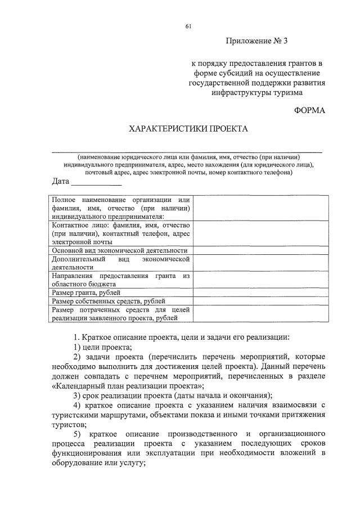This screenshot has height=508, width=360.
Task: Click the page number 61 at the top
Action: (x=188, y=26)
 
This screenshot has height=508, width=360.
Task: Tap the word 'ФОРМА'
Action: (x=309, y=110)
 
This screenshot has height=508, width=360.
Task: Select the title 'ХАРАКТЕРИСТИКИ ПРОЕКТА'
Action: (x=188, y=129)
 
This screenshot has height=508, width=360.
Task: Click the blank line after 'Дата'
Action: (x=96, y=182)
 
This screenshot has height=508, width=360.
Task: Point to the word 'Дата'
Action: (x=60, y=181)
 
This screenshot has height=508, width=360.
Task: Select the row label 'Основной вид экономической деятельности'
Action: (x=119, y=250)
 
